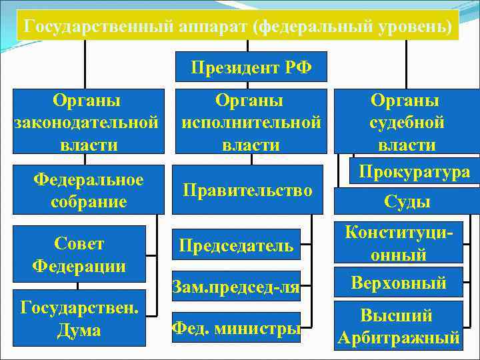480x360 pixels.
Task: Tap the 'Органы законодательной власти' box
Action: click(x=87, y=122)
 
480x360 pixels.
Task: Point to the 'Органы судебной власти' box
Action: click(x=407, y=122)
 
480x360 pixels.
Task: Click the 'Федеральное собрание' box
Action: click(x=89, y=191)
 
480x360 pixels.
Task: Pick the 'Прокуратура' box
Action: click(x=414, y=172)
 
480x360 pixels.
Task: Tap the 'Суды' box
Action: click(x=407, y=201)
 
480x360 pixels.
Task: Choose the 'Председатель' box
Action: click(x=235, y=245)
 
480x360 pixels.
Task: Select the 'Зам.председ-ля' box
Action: click(x=235, y=287)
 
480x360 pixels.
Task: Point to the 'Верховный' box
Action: click(x=399, y=283)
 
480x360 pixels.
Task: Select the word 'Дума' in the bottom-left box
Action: click(x=79, y=329)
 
